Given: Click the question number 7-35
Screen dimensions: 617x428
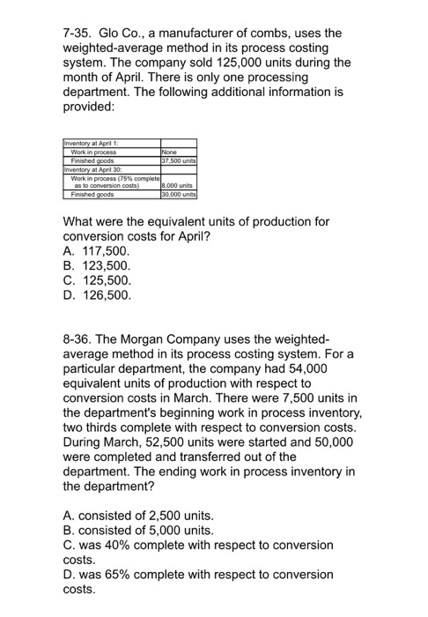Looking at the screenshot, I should [x=79, y=33].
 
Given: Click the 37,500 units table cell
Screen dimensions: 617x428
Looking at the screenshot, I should [x=178, y=160].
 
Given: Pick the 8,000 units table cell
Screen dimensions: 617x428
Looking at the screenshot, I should [x=176, y=186].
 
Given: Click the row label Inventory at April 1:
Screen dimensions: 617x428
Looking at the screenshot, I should [x=92, y=144].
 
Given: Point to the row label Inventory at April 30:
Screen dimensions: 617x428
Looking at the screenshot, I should [x=93, y=167].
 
